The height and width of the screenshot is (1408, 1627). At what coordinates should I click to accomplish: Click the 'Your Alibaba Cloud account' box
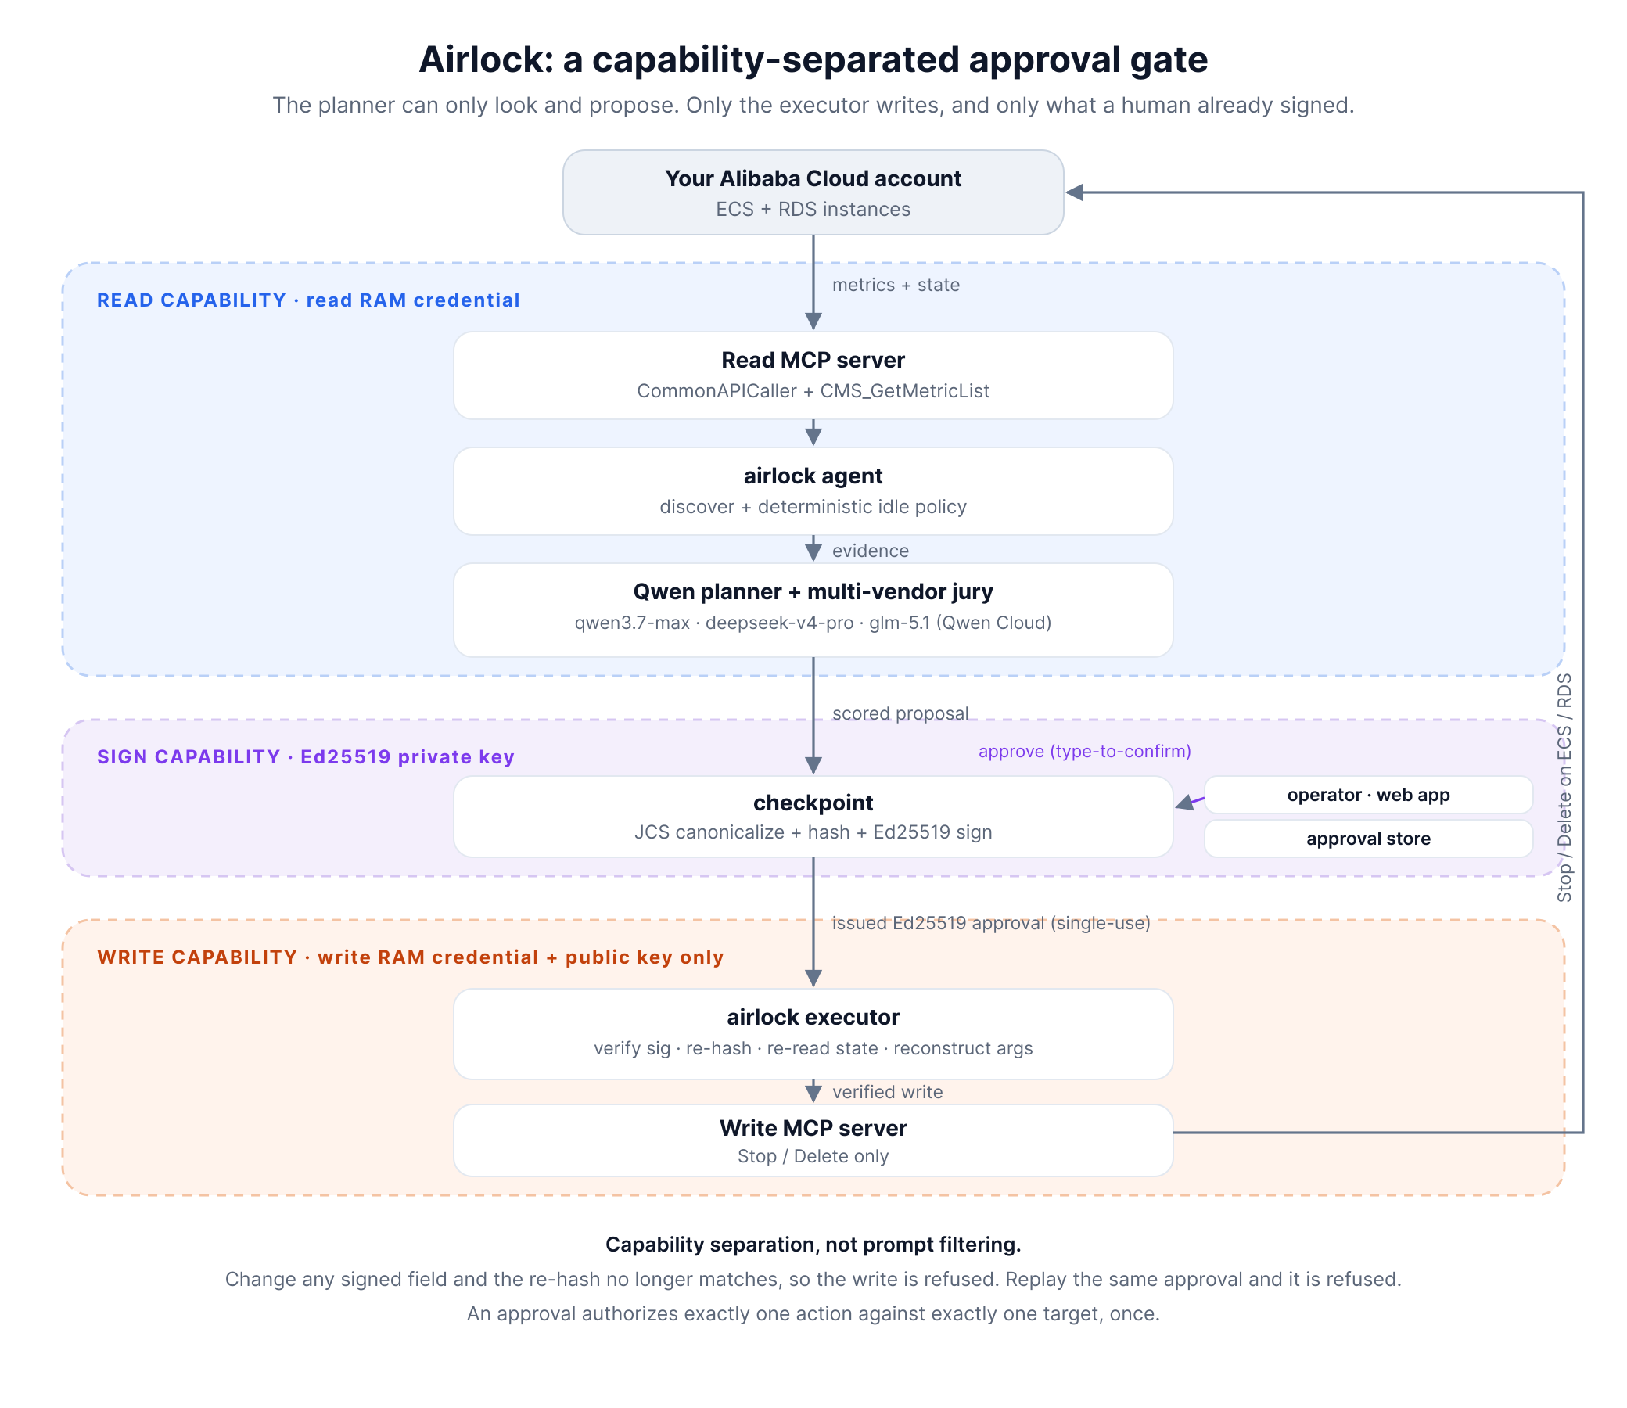click(813, 192)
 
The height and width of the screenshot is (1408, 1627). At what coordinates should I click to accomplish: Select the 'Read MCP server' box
click(813, 375)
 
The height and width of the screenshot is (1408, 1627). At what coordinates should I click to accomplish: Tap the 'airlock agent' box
click(813, 491)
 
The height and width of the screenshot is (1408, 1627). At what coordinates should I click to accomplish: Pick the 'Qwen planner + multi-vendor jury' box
click(813, 609)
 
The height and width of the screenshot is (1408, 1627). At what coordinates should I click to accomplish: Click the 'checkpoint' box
click(813, 817)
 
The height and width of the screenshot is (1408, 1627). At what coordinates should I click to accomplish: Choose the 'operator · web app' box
click(1369, 796)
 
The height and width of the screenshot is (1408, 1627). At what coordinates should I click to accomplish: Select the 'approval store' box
click(1369, 839)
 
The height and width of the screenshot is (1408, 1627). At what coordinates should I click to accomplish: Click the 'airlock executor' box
click(813, 1034)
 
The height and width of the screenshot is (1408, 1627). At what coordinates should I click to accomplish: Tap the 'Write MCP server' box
click(813, 1140)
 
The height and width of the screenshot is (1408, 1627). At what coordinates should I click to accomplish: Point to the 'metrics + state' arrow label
click(896, 285)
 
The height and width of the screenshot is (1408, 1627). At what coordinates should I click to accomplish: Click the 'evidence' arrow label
click(871, 551)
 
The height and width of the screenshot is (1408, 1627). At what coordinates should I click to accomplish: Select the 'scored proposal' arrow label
click(900, 713)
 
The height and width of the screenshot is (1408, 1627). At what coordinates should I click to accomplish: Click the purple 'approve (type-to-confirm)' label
click(1085, 751)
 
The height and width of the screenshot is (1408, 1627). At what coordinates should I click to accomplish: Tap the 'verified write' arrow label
click(888, 1092)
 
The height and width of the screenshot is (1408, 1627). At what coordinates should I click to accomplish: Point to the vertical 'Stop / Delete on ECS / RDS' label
click(1564, 787)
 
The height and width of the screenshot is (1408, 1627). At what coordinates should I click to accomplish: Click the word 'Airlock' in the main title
click(486, 59)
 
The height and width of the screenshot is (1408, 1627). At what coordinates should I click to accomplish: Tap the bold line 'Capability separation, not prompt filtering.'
click(813, 1245)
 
